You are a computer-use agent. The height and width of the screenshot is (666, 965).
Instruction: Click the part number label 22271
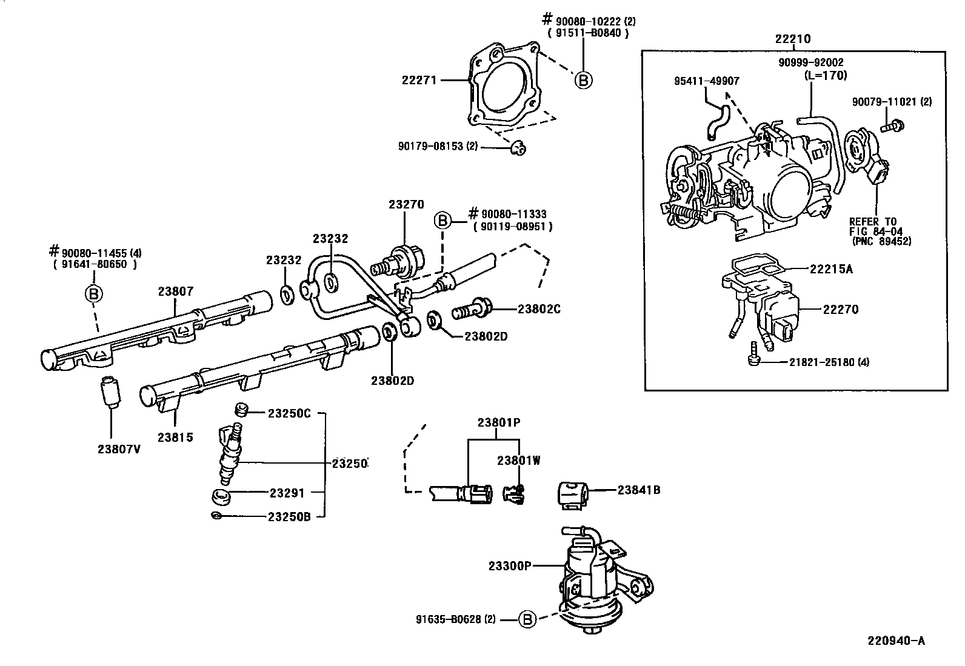pos(419,79)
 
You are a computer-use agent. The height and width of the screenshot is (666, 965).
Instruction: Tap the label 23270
pos(406,205)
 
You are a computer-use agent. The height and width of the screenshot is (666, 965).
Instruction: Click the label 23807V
pos(119,449)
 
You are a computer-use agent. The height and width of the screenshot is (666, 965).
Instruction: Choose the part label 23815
pos(175,438)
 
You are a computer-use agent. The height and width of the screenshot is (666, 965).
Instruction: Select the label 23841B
pos(639,490)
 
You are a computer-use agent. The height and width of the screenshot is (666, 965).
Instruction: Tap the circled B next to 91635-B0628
pos(528,619)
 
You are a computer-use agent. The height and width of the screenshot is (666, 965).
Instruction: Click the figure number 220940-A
pos(895,640)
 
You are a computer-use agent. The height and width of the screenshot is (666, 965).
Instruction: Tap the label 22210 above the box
pos(792,39)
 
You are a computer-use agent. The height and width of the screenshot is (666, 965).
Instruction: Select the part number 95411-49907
pos(706,81)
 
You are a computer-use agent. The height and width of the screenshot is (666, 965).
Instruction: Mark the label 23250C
pos(289,413)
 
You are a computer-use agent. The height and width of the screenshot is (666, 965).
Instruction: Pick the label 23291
pos(287,493)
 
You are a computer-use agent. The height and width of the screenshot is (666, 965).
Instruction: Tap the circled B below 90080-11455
pos(93,294)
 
